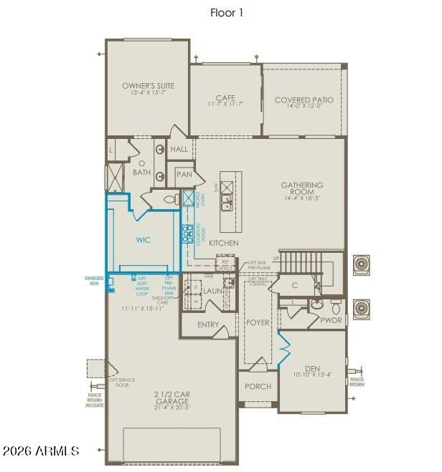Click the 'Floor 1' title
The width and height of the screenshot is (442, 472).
click(x=226, y=12)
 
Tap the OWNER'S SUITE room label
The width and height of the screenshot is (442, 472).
click(x=148, y=86)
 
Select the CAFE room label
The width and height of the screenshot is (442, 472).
click(x=225, y=98)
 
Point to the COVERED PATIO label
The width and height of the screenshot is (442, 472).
click(x=304, y=100)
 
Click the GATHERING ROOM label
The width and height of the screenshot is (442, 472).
click(x=302, y=189)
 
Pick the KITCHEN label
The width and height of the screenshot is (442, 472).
click(x=224, y=244)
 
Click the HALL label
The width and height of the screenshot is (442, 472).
click(x=179, y=150)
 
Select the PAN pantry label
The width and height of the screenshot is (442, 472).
click(x=184, y=174)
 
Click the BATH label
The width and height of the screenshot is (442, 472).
click(x=141, y=173)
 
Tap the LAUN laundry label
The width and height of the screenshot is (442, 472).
click(x=212, y=292)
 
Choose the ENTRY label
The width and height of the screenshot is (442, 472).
click(x=208, y=324)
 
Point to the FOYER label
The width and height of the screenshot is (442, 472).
click(x=258, y=322)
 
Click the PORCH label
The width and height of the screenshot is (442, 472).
click(x=258, y=387)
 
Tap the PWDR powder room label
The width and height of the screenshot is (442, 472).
click(x=331, y=321)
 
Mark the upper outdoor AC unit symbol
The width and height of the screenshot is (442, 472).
click(x=361, y=264)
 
